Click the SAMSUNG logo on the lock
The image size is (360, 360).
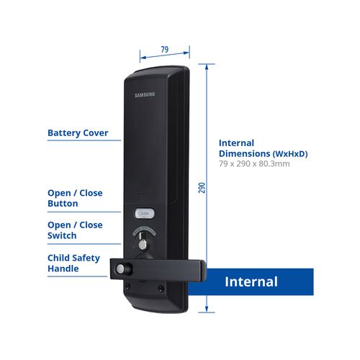click(x=145, y=95)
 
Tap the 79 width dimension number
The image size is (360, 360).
click(x=165, y=50)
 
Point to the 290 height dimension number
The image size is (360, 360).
click(x=202, y=188)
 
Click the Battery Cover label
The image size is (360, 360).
click(x=78, y=133)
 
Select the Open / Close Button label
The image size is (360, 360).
click(x=75, y=198)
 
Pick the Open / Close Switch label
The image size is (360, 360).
click(x=75, y=230)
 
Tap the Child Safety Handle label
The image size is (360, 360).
click(x=73, y=263)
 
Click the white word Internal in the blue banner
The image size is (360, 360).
click(x=251, y=282)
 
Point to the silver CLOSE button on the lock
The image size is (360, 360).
click(x=145, y=213)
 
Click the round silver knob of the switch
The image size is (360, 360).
click(x=143, y=244)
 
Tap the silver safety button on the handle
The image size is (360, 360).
click(x=120, y=269)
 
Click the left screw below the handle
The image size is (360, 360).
click(x=128, y=286)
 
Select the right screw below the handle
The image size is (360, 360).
click(x=161, y=288)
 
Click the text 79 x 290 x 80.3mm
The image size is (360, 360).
click(x=254, y=163)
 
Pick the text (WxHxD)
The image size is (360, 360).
click(x=290, y=154)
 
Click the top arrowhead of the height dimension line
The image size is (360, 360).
click(x=207, y=67)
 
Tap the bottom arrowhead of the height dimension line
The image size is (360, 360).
click(x=207, y=309)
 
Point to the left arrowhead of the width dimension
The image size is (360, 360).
click(x=143, y=58)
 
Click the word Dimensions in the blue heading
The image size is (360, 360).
click(x=245, y=153)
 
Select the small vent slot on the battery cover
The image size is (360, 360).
click(x=144, y=192)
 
